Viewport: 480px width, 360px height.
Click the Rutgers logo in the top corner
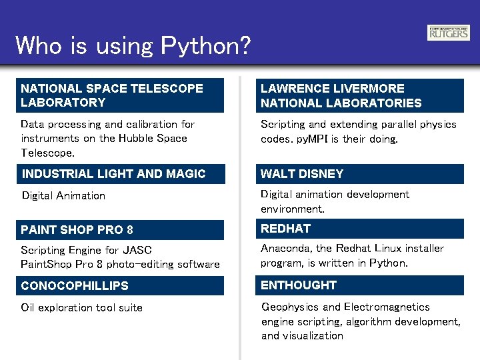point(448,33)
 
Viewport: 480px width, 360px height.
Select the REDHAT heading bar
point(360,229)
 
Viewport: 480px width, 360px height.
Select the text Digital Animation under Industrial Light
point(63,196)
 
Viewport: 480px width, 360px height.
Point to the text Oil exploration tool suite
point(81,308)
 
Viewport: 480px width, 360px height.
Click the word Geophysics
point(290,307)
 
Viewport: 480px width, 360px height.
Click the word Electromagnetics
point(387,307)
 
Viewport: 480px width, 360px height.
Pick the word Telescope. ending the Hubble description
point(47,153)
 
